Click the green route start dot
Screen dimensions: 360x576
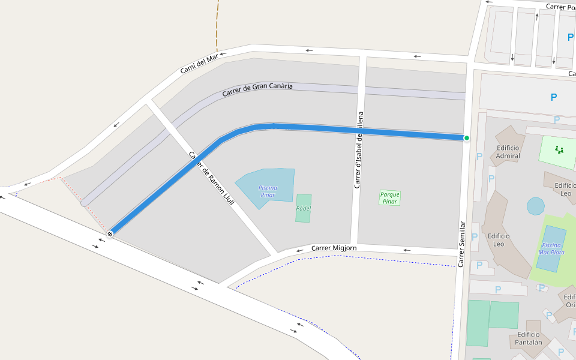tap(466, 138)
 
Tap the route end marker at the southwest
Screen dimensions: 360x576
tap(110, 233)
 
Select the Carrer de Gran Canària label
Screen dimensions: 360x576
tap(257, 89)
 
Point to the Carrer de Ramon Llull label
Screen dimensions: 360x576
tap(211, 178)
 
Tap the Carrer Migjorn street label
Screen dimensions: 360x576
tap(334, 248)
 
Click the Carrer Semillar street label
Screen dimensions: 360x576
tap(461, 244)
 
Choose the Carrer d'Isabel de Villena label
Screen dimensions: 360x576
tap(359, 150)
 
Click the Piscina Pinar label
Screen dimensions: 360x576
tap(268, 191)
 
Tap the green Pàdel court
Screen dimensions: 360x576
tap(304, 208)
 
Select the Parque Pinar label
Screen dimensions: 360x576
tap(389, 198)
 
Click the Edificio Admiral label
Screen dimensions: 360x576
tap(508, 152)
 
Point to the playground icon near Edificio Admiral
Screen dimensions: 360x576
tap(559, 149)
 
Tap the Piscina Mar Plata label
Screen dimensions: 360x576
tap(552, 248)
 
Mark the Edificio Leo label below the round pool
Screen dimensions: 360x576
tap(499, 240)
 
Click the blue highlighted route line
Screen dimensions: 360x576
tap(360, 131)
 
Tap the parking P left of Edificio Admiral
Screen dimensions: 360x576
tap(479, 157)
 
